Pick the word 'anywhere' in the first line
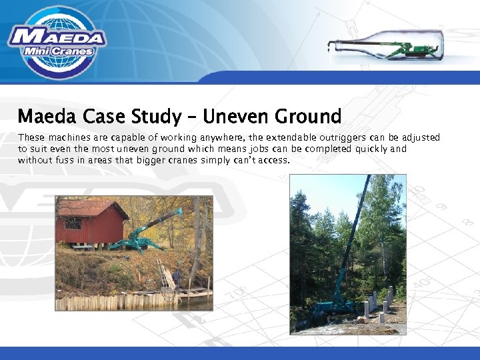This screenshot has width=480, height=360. pyautogui.click(x=223, y=137)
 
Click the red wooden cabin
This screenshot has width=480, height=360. pyautogui.click(x=90, y=223)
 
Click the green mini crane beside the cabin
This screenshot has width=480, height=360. pyautogui.click(x=143, y=233)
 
